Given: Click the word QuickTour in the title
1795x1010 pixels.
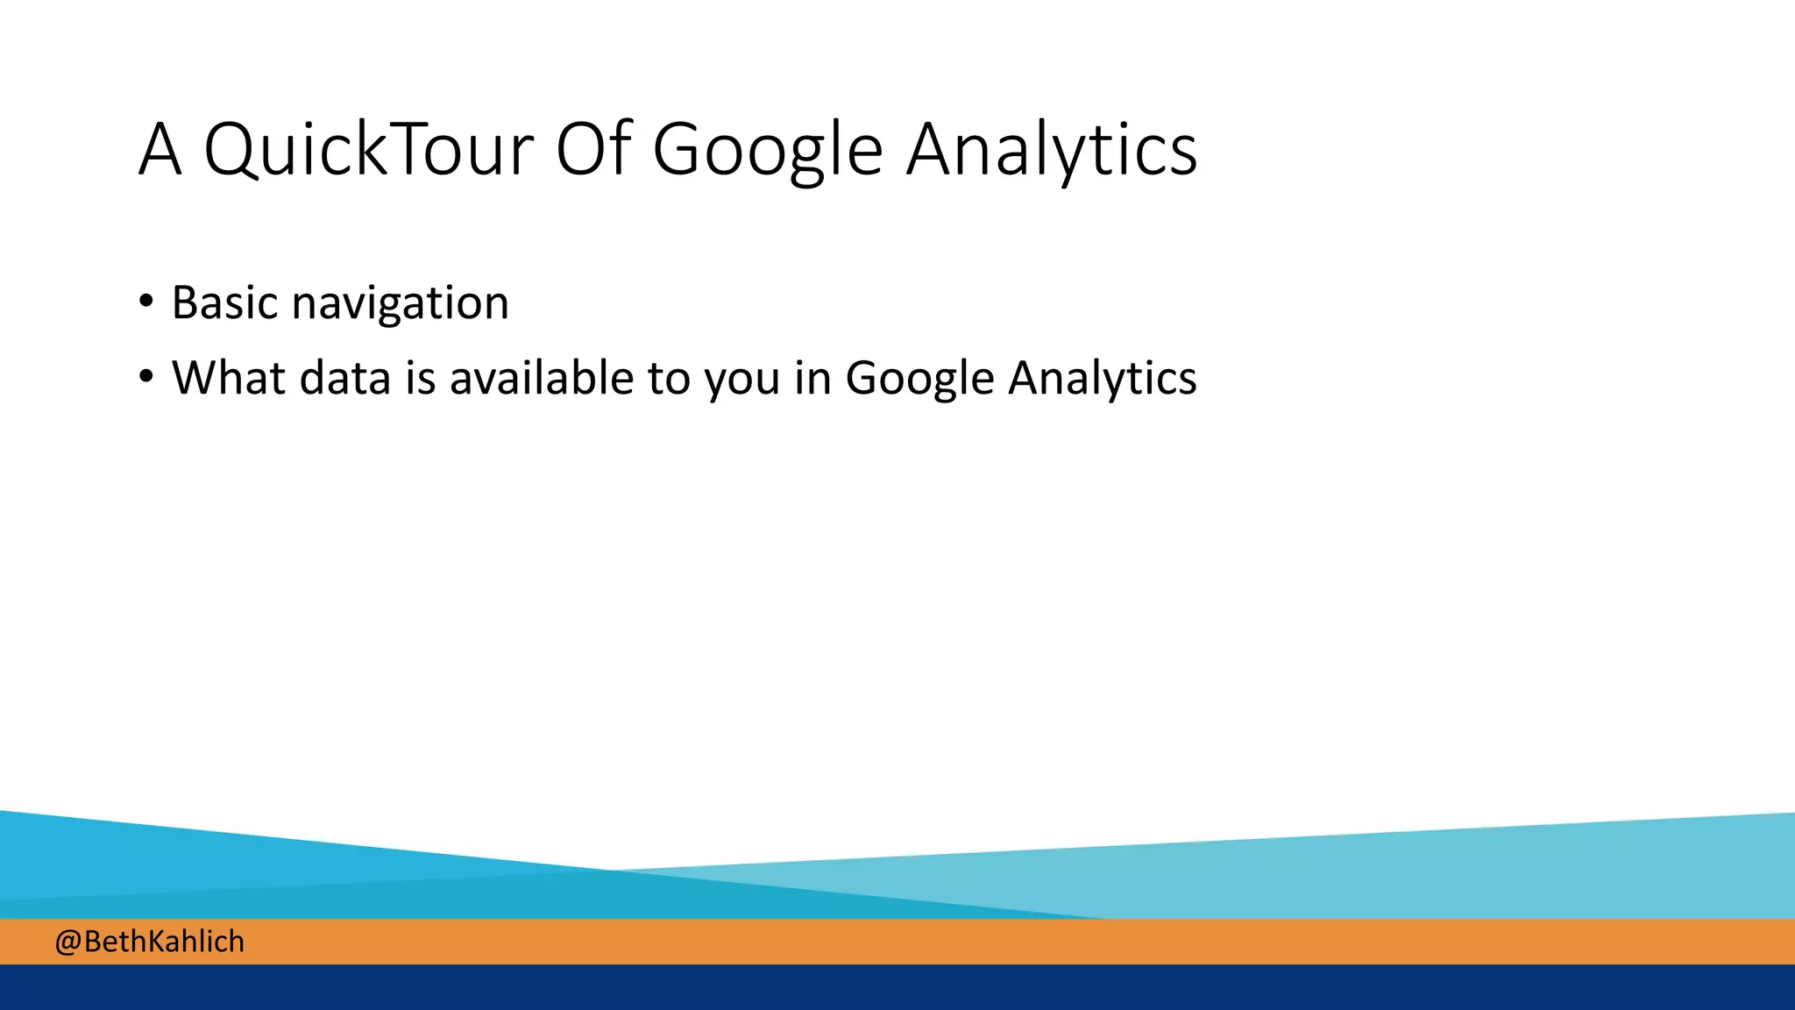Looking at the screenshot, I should [x=368, y=150].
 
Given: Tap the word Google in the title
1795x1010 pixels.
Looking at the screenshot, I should [x=768, y=150].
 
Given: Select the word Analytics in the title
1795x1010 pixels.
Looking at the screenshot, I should [x=1051, y=150].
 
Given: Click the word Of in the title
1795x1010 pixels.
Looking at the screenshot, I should [x=593, y=150].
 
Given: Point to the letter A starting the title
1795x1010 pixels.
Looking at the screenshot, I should [x=160, y=150].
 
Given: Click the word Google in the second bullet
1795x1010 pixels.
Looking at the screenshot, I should [x=919, y=380].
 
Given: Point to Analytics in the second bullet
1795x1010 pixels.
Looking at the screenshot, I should [x=1102, y=380].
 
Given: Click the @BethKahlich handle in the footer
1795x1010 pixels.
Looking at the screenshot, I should [x=150, y=942].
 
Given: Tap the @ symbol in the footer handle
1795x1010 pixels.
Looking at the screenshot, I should [x=67, y=942].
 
